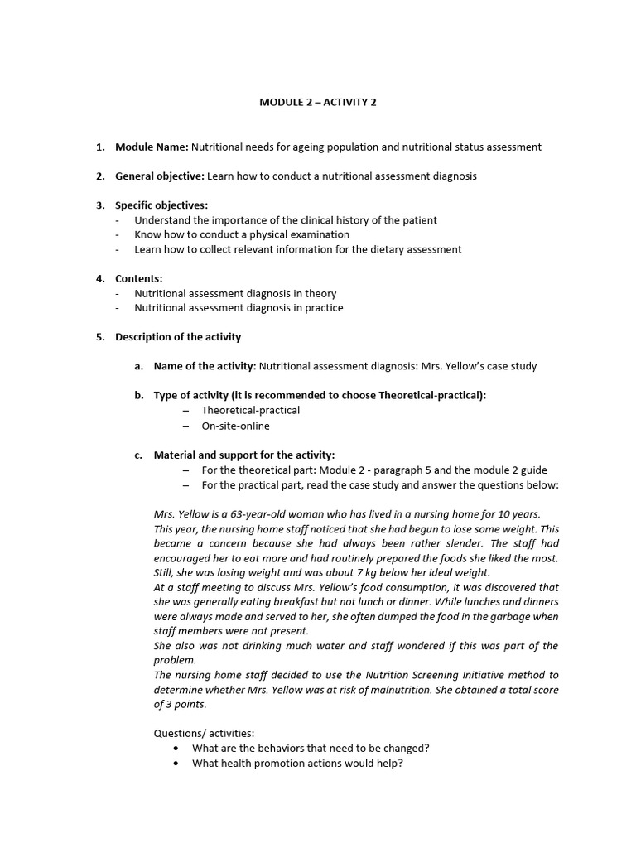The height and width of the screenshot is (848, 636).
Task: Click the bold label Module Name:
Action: click(152, 147)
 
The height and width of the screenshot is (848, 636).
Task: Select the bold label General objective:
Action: click(159, 176)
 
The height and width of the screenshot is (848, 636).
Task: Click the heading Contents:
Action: click(138, 279)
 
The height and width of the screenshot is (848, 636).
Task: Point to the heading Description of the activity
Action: click(178, 336)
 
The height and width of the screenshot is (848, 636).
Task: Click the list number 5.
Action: click(99, 336)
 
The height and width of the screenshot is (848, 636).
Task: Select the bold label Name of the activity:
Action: click(205, 366)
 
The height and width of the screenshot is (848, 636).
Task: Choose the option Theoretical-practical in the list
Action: click(250, 410)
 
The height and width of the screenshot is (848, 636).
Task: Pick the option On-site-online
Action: click(235, 426)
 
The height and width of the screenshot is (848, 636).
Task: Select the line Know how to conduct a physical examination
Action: click(242, 234)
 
